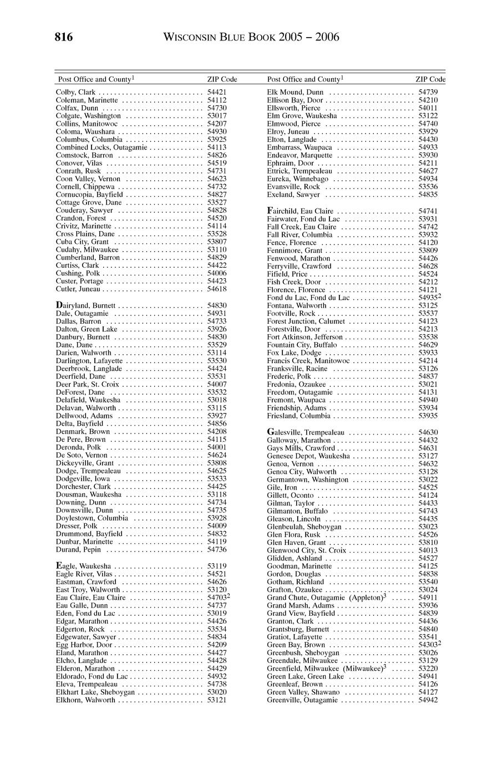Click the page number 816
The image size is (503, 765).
pyautogui.click(x=64, y=38)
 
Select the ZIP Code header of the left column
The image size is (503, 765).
pyautogui.click(x=222, y=79)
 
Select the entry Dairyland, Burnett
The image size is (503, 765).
pyautogui.click(x=86, y=305)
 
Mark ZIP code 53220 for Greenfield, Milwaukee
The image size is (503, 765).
pyautogui.click(x=428, y=669)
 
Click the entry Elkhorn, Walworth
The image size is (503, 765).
pyautogui.click(x=85, y=700)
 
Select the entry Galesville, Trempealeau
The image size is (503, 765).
pyautogui.click(x=306, y=432)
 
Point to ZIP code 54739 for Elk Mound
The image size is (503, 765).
pyautogui.click(x=428, y=92)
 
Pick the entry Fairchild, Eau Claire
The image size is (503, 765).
pyautogui.click(x=300, y=211)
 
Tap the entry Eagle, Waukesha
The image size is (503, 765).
pyautogui.click(x=83, y=566)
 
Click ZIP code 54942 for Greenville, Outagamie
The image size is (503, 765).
pyautogui.click(x=428, y=700)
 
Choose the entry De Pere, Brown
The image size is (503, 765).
pyautogui.click(x=80, y=440)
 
